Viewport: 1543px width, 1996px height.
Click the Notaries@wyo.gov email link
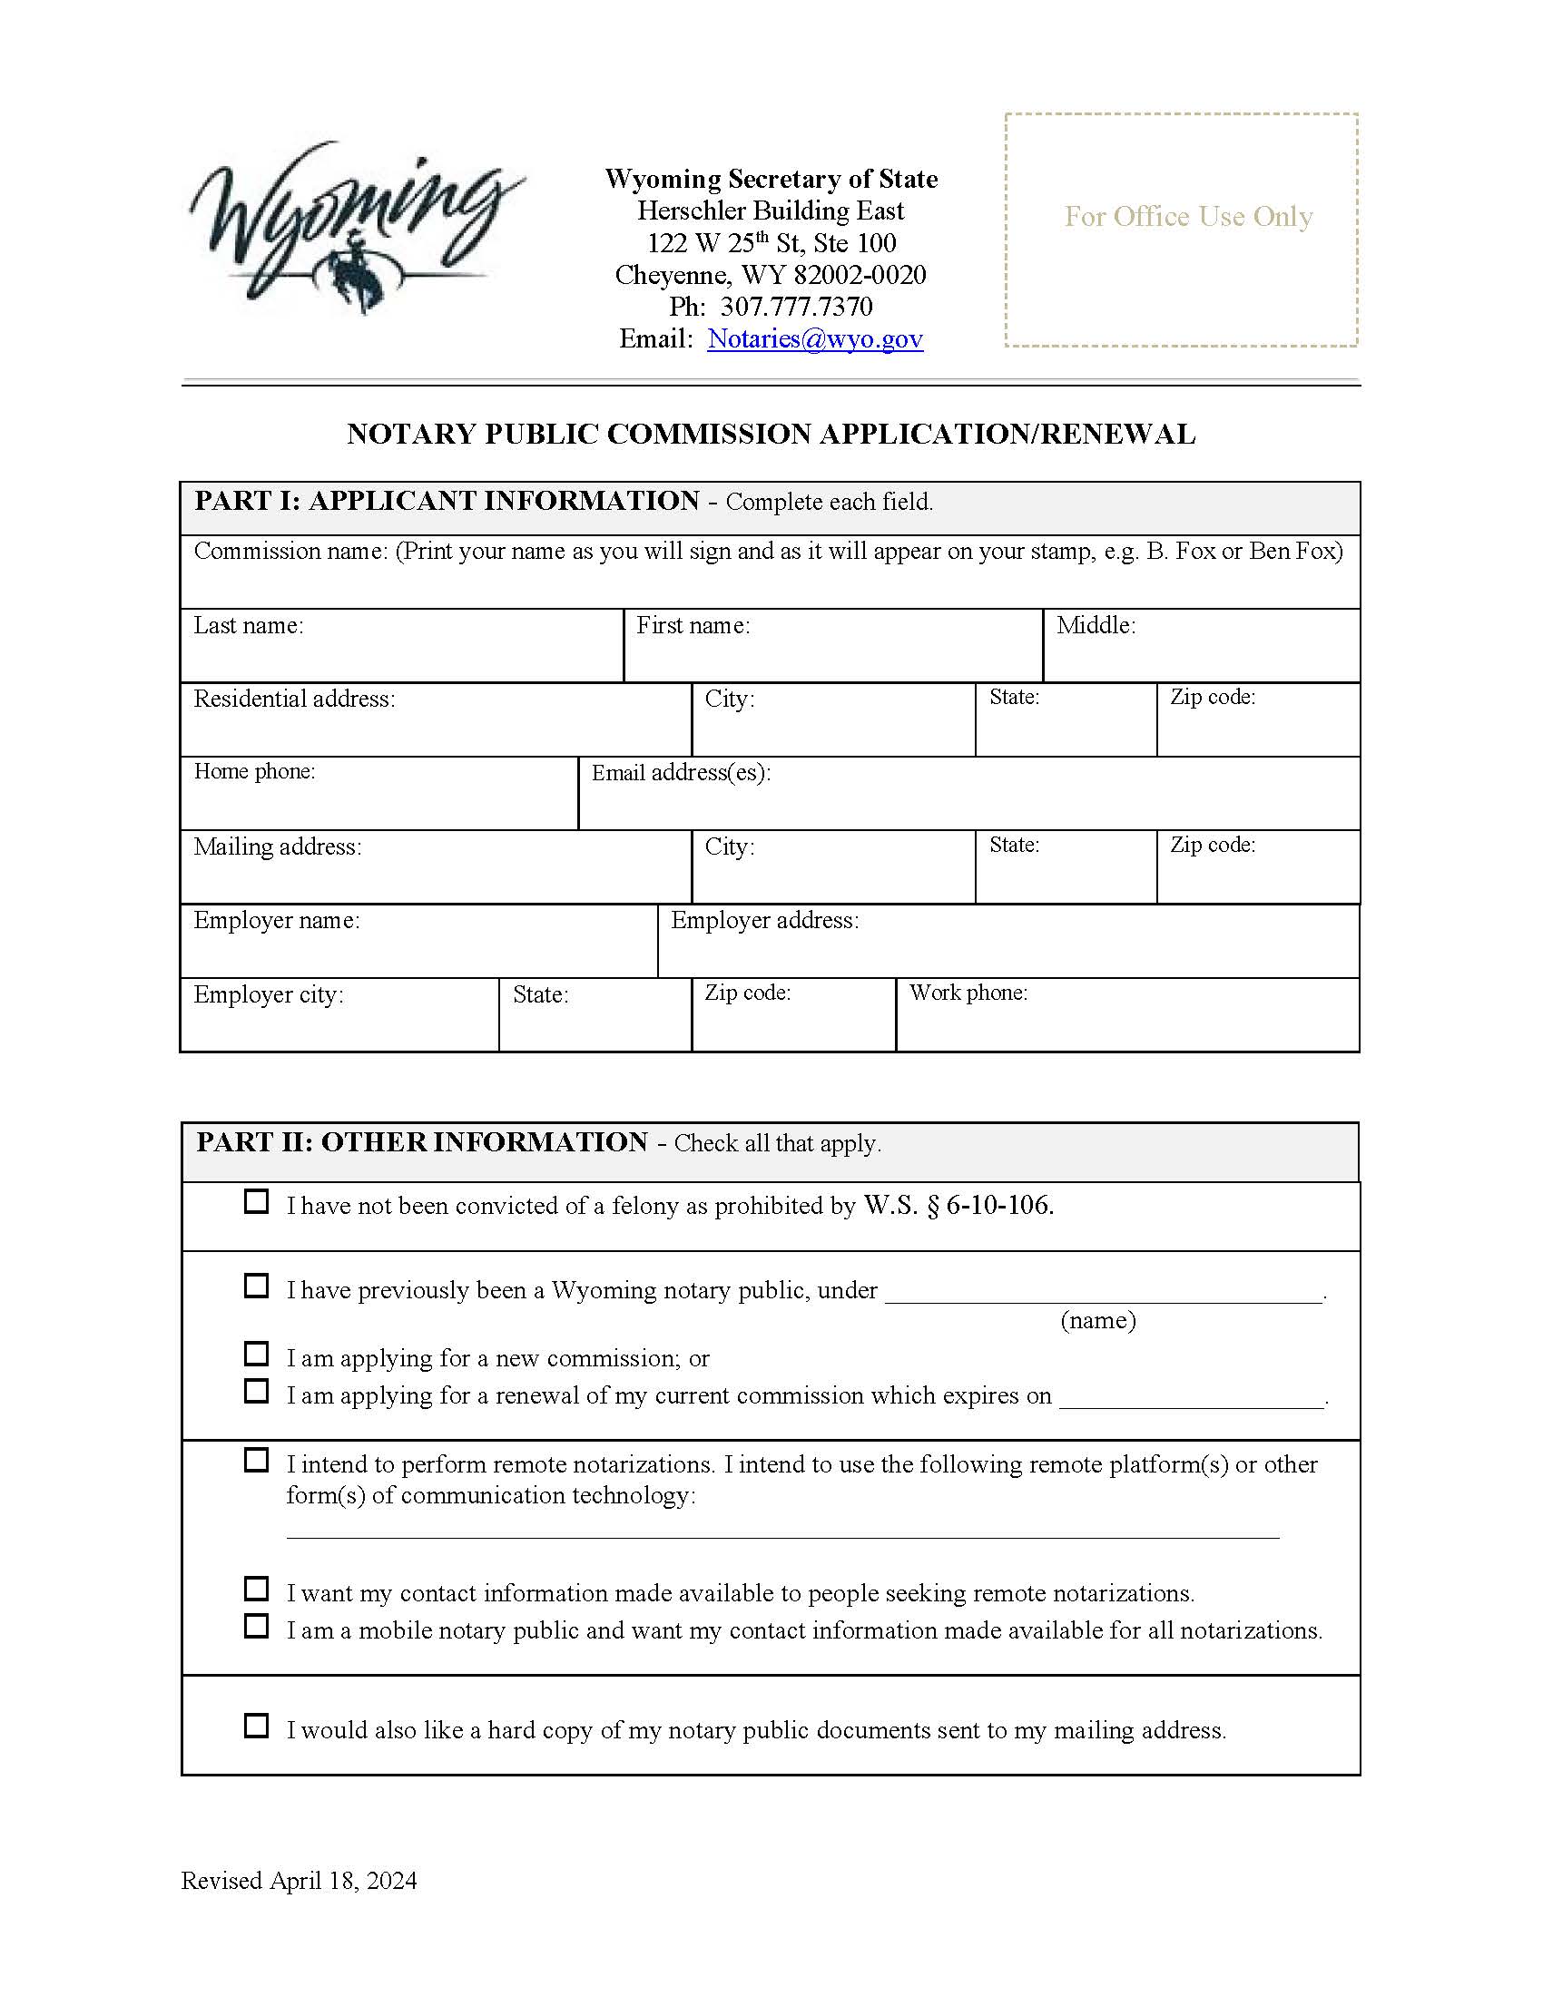tap(814, 339)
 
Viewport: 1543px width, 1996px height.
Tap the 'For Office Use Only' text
tap(1188, 217)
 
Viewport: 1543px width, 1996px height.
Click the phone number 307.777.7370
tap(795, 307)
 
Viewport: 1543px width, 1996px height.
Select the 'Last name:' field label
tap(249, 626)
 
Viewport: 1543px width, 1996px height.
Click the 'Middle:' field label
tap(1096, 626)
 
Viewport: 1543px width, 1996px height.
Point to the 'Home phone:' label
tap(254, 771)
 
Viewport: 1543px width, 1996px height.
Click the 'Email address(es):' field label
tap(681, 773)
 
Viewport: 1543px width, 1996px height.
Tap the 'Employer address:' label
tap(764, 920)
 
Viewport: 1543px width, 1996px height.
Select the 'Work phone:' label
tap(968, 993)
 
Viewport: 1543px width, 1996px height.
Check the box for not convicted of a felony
tap(257, 1201)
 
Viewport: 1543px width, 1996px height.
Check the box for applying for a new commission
tap(257, 1353)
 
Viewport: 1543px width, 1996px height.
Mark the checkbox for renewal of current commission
tap(257, 1390)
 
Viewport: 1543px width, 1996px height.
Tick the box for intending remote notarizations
tap(257, 1460)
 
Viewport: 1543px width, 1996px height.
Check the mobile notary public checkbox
tap(257, 1626)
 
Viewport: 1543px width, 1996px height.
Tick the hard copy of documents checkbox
tap(257, 1726)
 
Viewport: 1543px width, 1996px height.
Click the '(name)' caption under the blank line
tap(1098, 1321)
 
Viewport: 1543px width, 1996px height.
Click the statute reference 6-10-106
tap(999, 1206)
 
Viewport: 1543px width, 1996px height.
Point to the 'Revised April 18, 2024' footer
tap(299, 1881)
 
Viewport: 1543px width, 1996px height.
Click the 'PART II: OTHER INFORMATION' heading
tap(421, 1142)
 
